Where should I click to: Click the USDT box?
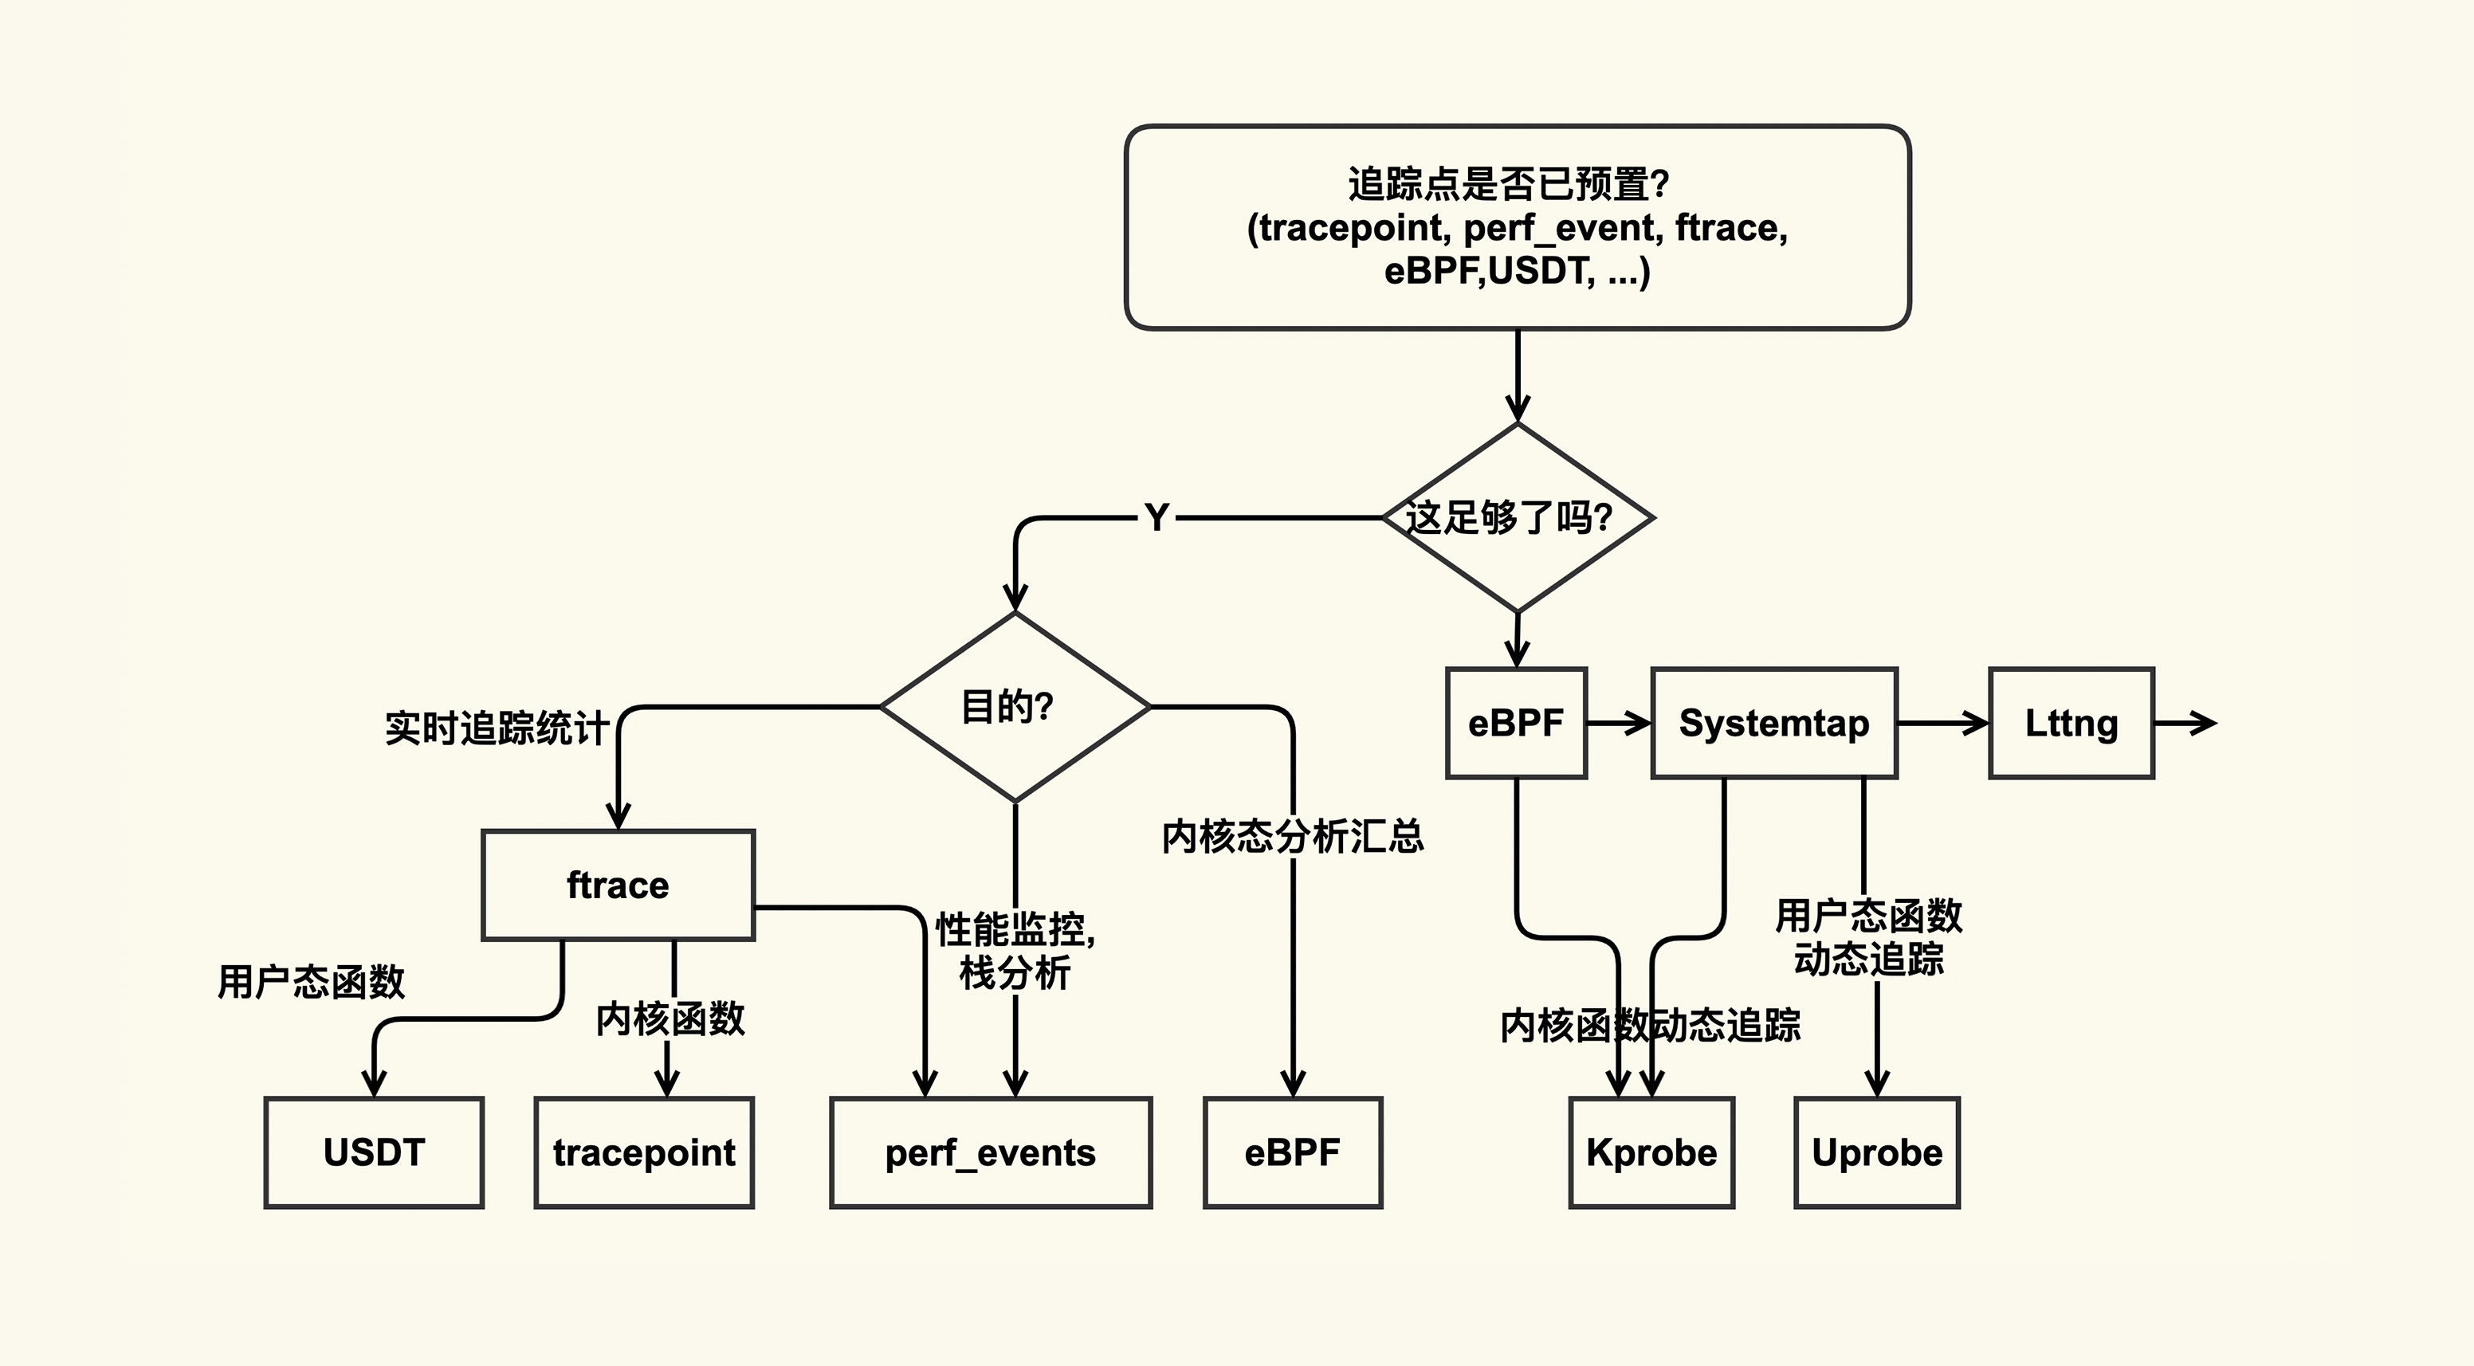374,1152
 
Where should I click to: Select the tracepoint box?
643,1152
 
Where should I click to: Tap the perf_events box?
990,1152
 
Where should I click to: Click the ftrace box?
618,885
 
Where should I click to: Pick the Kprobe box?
1651,1152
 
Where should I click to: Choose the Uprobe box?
1877,1152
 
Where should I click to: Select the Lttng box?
2071,722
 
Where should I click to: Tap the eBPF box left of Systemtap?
1515,722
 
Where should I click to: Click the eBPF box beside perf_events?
1292,1152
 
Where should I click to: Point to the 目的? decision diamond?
1014,707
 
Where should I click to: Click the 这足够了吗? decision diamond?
1517,518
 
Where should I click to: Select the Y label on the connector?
1157,518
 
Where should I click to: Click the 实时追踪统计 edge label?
497,728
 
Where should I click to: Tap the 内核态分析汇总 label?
1292,837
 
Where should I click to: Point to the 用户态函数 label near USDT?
311,982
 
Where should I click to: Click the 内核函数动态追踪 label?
1650,1026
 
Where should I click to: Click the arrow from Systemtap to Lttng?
1942,722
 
